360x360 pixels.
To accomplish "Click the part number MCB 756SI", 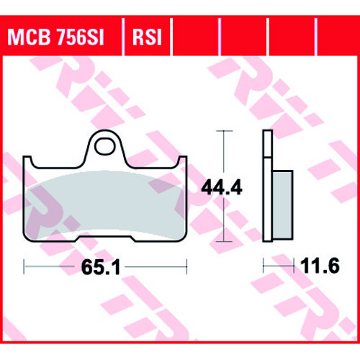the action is click(x=55, y=37).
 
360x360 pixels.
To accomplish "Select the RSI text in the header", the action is click(x=147, y=37).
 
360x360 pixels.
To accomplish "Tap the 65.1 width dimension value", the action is click(x=101, y=267).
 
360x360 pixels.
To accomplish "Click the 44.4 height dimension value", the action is click(x=222, y=187).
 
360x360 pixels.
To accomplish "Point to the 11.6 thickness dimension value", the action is click(x=320, y=266).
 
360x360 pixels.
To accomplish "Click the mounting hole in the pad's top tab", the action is click(x=104, y=146).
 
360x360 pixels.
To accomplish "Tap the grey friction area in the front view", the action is click(x=104, y=204).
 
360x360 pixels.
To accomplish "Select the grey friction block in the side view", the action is click(x=282, y=204).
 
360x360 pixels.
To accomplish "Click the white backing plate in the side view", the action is click(x=268, y=186).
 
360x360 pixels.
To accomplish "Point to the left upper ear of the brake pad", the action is click(x=27, y=160).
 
